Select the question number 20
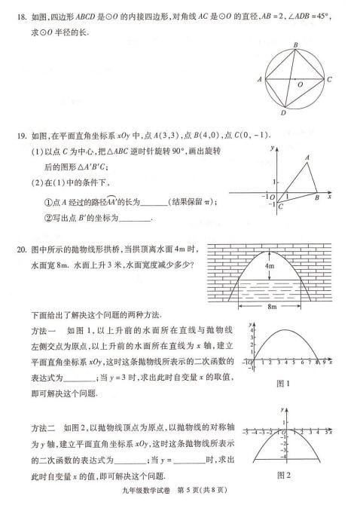23,250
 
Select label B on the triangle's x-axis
316,198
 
